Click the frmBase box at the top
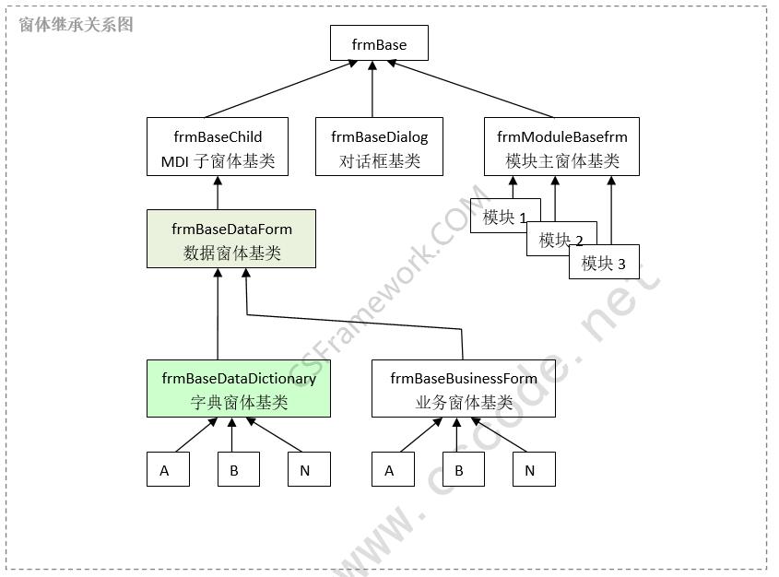tap(378, 44)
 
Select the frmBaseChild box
tap(218, 147)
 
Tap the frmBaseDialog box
tap(380, 147)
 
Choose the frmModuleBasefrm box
tap(562, 147)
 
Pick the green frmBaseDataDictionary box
tap(239, 388)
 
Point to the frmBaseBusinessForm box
tap(464, 388)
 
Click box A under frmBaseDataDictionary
tap(168, 470)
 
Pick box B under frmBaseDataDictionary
tap(238, 470)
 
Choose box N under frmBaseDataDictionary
tap(309, 470)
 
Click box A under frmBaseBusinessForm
tap(393, 470)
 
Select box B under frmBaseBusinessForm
tap(463, 470)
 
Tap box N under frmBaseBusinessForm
tap(534, 470)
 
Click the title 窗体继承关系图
tap(77, 25)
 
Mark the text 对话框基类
tap(380, 161)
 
